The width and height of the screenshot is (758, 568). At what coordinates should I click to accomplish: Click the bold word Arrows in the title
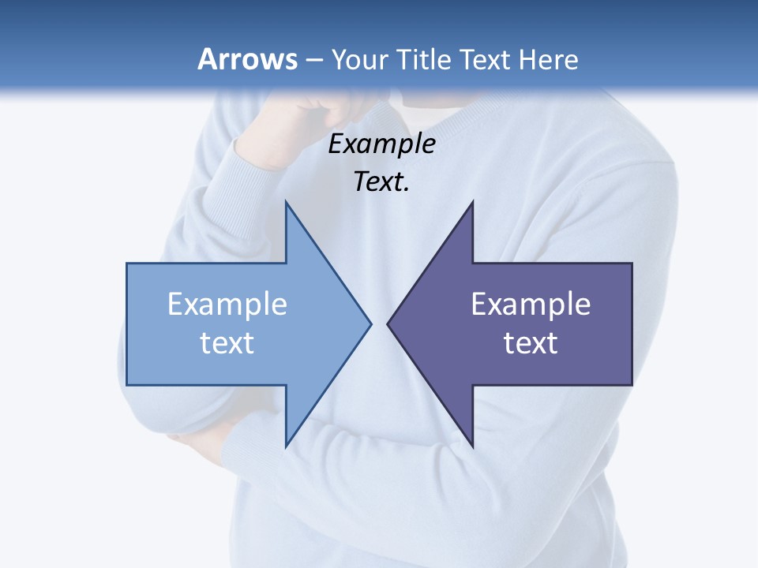tap(248, 59)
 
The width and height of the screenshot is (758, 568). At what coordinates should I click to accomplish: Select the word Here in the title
tap(548, 59)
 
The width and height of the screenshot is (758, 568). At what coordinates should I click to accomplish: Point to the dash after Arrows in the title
tap(313, 60)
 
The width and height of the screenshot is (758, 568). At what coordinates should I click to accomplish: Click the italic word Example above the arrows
tap(382, 144)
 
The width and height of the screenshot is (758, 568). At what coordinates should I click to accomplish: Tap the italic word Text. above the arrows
tap(382, 182)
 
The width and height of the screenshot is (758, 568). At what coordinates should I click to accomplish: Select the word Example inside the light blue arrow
tap(227, 304)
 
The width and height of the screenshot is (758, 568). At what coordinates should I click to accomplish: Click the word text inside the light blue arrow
tap(227, 342)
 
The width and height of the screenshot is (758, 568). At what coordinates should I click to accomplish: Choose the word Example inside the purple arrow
tap(531, 304)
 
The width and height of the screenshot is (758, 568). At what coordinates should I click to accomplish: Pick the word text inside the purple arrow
tap(531, 342)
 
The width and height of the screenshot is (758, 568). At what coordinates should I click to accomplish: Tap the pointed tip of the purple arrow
tap(388, 323)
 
